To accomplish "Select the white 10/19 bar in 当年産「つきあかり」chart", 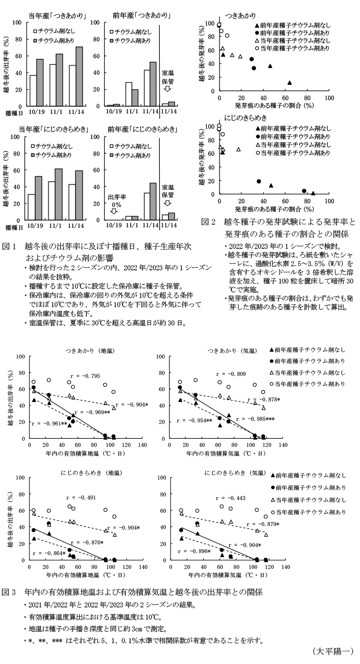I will click(x=33, y=90).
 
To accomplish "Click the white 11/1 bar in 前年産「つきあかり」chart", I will click(x=129, y=93).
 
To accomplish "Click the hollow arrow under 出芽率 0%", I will click(x=114, y=211).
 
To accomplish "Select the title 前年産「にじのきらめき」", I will click(x=142, y=128).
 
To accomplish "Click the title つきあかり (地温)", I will click(x=86, y=350).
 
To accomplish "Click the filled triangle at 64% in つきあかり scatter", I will click(x=290, y=83).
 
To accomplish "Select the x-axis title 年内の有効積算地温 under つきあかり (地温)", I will click(x=86, y=453).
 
